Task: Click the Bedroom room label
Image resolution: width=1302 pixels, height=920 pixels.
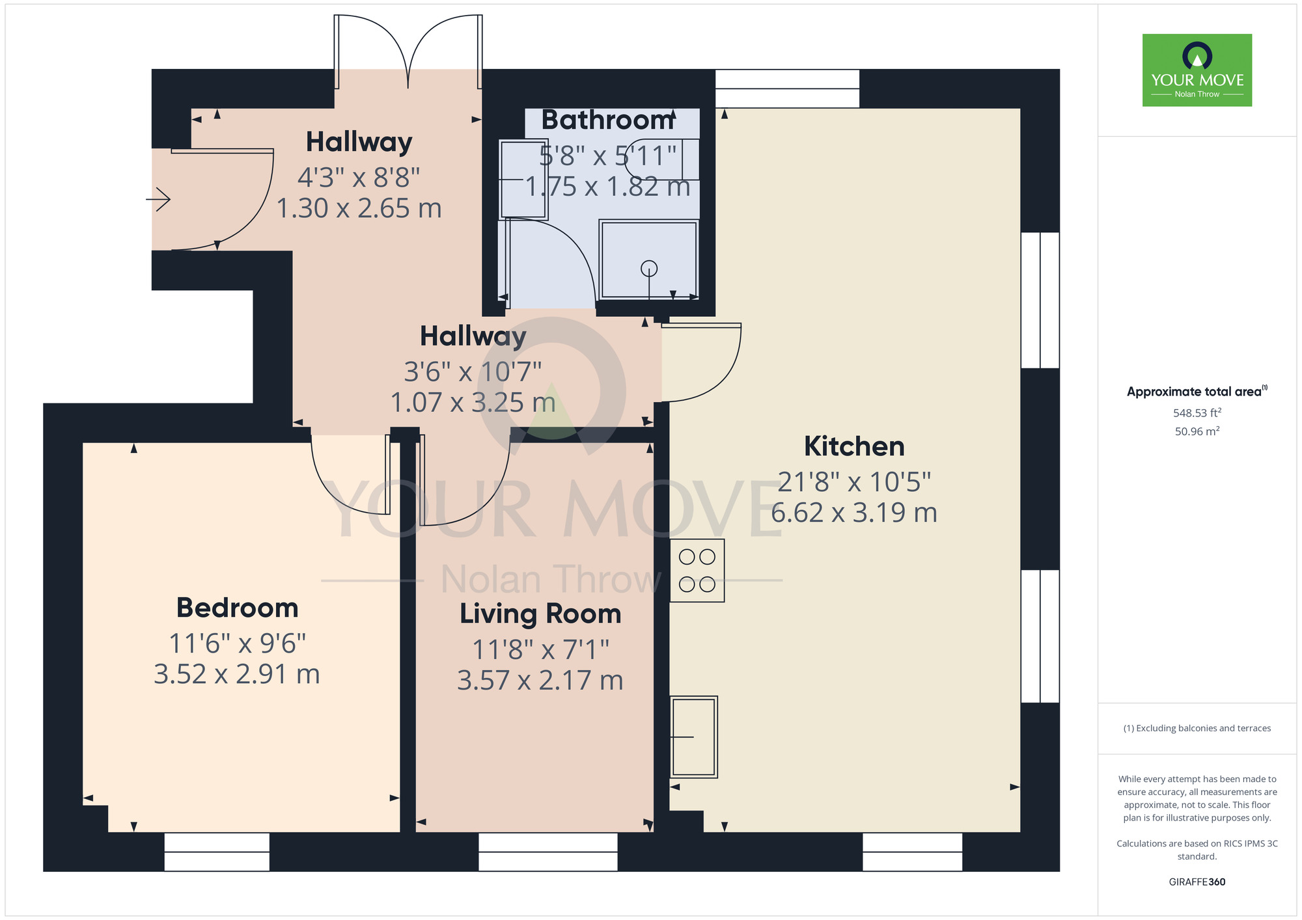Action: (x=237, y=608)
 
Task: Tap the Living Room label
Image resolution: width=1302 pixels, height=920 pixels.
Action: (x=540, y=614)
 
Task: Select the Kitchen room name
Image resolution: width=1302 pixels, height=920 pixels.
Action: (x=854, y=446)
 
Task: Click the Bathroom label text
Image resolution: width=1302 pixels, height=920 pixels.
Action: (x=607, y=120)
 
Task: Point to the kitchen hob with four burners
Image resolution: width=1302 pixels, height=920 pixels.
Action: (x=697, y=571)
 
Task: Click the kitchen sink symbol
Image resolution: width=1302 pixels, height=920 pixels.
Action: (x=694, y=737)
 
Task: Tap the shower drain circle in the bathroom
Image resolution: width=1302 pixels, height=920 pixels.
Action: (x=649, y=268)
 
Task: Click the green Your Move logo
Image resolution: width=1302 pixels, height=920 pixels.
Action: (x=1197, y=70)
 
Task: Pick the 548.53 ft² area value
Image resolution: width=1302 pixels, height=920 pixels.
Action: (x=1197, y=413)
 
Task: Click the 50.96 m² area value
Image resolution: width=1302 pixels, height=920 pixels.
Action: (x=1197, y=431)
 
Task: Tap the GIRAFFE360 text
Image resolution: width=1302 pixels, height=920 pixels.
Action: (x=1197, y=882)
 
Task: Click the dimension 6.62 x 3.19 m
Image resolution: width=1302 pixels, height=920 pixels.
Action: (x=854, y=513)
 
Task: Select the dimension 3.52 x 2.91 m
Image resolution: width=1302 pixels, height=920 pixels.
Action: (x=237, y=674)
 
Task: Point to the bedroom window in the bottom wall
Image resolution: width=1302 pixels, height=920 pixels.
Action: (x=217, y=852)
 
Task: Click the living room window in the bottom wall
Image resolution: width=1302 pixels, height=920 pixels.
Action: (x=547, y=852)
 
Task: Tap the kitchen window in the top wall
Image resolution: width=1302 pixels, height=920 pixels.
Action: (x=787, y=88)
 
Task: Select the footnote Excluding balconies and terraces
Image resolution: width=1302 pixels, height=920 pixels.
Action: (x=1197, y=728)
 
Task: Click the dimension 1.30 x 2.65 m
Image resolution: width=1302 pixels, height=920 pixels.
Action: (x=359, y=209)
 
